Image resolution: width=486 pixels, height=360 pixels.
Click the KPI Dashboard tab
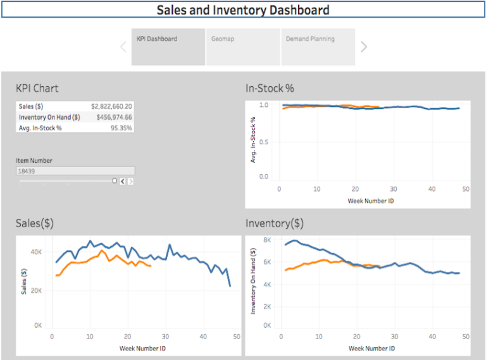pyautogui.click(x=168, y=46)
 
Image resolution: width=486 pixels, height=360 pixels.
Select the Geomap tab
pyautogui.click(x=243, y=46)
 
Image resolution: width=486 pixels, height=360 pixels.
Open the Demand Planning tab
pyautogui.click(x=318, y=46)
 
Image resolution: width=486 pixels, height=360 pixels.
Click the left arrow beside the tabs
pyautogui.click(x=123, y=46)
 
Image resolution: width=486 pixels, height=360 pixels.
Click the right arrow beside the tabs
pyautogui.click(x=364, y=46)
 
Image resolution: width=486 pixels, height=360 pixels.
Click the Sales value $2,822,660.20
pyautogui.click(x=111, y=106)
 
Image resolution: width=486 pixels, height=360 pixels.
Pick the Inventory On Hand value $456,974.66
pyautogui.click(x=114, y=117)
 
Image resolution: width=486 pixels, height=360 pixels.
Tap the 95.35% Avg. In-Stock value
pyautogui.click(x=121, y=128)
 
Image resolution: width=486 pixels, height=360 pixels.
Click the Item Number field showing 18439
pyautogui.click(x=75, y=171)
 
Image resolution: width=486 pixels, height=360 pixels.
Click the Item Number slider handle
pyautogui.click(x=115, y=181)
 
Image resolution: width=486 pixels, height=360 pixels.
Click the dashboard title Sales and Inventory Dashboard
pyautogui.click(x=243, y=10)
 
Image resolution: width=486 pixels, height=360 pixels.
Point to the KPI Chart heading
pyautogui.click(x=37, y=88)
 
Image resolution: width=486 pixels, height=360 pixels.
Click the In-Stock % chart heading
pyautogui.click(x=270, y=88)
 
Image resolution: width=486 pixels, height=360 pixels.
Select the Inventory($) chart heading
pyautogui.click(x=274, y=223)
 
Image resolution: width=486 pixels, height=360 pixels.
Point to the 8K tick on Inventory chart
pyautogui.click(x=266, y=240)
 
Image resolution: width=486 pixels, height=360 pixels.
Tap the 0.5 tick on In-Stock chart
pyautogui.click(x=264, y=141)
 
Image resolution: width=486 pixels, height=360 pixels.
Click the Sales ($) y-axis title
pyautogui.click(x=24, y=282)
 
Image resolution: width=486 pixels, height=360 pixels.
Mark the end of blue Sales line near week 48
pyautogui.click(x=230, y=286)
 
